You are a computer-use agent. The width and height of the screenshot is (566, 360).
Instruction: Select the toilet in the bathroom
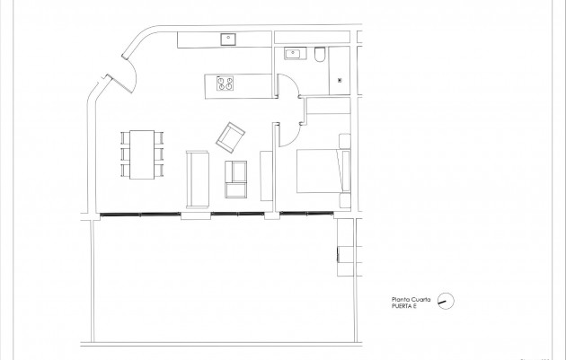pyautogui.click(x=320, y=57)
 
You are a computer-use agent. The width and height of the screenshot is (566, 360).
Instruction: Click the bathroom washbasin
pyautogui.click(x=293, y=55)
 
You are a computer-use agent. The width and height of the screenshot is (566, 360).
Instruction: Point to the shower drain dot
pyautogui.click(x=340, y=80)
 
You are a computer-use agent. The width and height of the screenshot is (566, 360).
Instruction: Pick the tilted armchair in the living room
pyautogui.click(x=231, y=136)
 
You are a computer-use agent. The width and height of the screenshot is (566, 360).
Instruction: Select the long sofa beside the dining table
pyautogui.click(x=197, y=176)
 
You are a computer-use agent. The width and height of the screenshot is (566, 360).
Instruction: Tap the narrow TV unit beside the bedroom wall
pyautogui.click(x=266, y=176)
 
